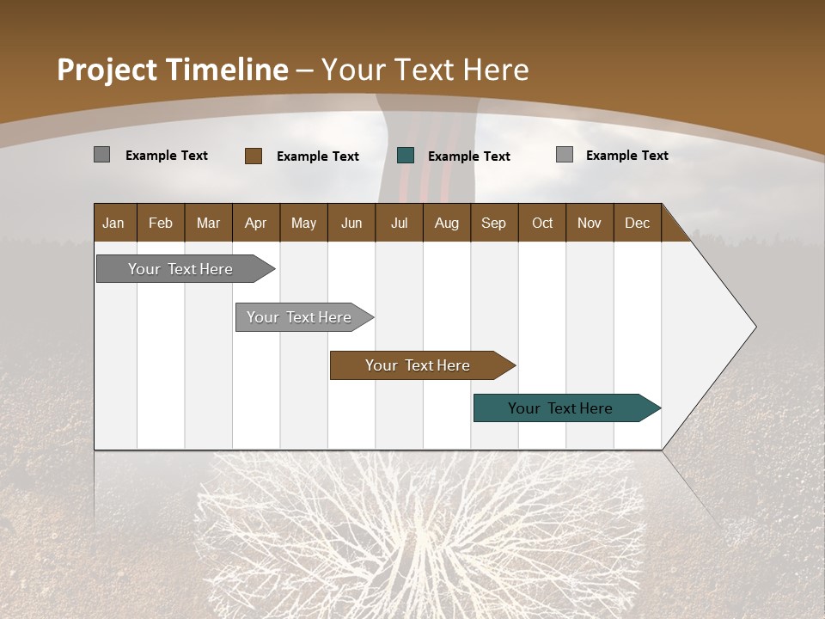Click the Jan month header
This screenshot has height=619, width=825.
click(113, 224)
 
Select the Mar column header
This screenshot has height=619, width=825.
click(208, 224)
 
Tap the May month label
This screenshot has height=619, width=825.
click(303, 224)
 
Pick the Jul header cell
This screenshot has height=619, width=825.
click(399, 224)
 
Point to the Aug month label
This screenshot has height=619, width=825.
click(446, 224)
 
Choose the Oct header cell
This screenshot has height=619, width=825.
click(542, 224)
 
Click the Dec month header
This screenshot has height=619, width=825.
click(637, 224)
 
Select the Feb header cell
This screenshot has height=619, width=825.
click(161, 224)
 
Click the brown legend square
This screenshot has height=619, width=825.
click(253, 156)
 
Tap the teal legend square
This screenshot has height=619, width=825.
click(406, 156)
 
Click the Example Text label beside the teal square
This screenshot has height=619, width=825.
click(468, 156)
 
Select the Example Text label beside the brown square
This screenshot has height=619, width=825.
click(317, 156)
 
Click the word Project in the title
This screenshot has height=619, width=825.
click(106, 70)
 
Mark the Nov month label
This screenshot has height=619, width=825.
click(590, 224)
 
